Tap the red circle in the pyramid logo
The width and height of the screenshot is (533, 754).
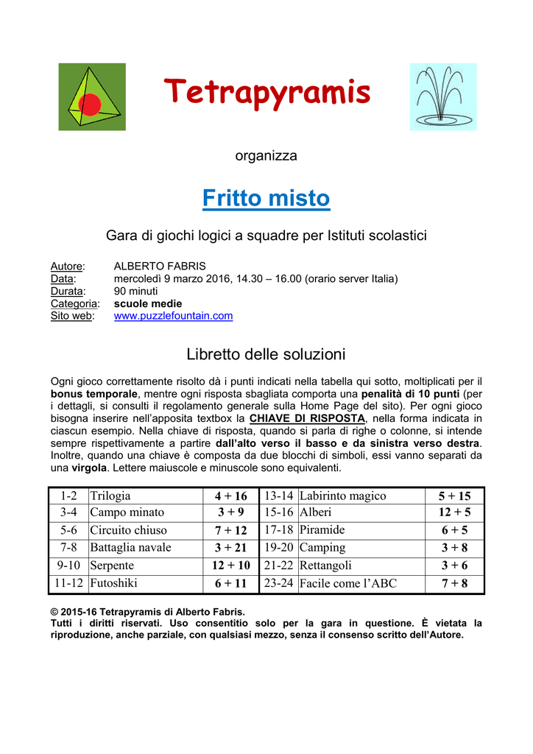[x=90, y=105]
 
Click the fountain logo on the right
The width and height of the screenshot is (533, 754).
[x=443, y=96]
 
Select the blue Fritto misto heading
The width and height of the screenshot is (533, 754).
[x=266, y=198]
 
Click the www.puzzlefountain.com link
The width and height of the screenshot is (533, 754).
[x=173, y=316]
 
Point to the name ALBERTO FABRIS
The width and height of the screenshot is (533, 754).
[x=160, y=266]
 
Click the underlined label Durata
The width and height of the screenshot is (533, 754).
[x=68, y=291]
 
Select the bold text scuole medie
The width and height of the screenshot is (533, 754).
[x=148, y=303]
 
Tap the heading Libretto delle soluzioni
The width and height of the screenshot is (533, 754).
[x=266, y=354]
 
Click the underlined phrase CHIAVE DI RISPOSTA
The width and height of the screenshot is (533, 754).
[x=307, y=418]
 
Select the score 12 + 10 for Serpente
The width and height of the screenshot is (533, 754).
[x=230, y=565]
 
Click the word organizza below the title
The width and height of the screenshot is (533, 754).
[x=266, y=155]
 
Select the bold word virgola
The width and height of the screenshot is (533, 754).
[x=88, y=468]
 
